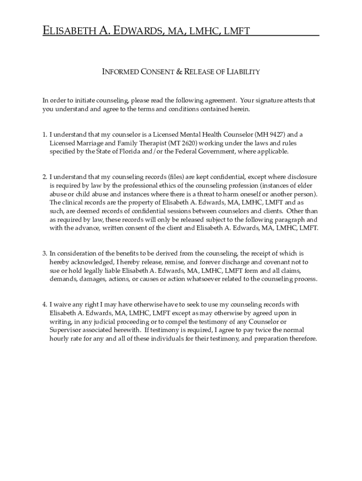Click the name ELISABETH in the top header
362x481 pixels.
click(69, 31)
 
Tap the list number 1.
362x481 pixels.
click(44, 134)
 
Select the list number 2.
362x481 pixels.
click(44, 177)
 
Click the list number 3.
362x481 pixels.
click(44, 254)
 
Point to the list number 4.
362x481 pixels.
click(44, 305)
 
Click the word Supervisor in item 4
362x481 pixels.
click(66, 330)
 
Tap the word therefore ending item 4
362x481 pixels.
click(301, 339)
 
